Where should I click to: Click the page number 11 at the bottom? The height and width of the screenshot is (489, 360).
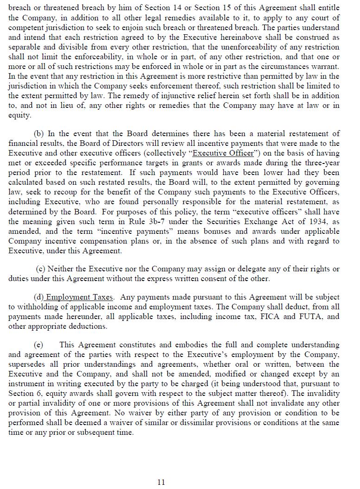161,482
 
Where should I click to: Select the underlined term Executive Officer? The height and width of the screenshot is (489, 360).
223,153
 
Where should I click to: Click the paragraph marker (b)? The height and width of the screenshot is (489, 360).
39,133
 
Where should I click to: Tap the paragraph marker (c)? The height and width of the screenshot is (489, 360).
41,269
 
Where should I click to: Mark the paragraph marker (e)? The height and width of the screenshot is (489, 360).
38,345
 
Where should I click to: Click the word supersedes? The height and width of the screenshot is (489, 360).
26,364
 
